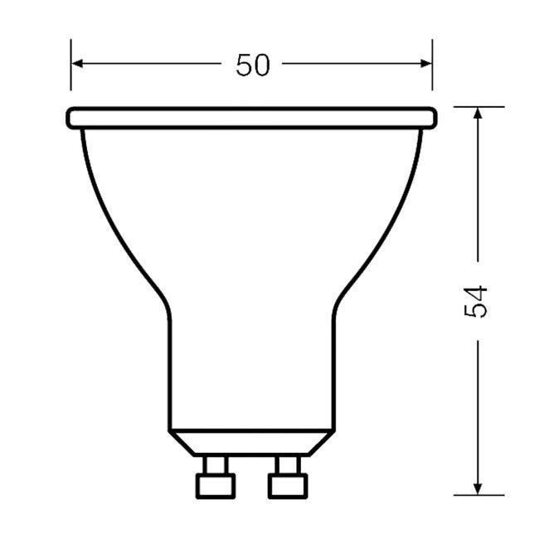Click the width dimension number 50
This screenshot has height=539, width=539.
253,65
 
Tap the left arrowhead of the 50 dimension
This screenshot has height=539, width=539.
77,63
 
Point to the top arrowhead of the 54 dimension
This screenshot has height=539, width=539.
478,114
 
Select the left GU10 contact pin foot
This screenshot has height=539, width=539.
215,485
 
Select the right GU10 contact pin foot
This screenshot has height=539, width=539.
287,485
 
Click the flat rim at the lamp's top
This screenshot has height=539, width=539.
251,118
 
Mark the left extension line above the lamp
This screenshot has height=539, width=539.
71,75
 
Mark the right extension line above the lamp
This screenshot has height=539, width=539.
432,75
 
